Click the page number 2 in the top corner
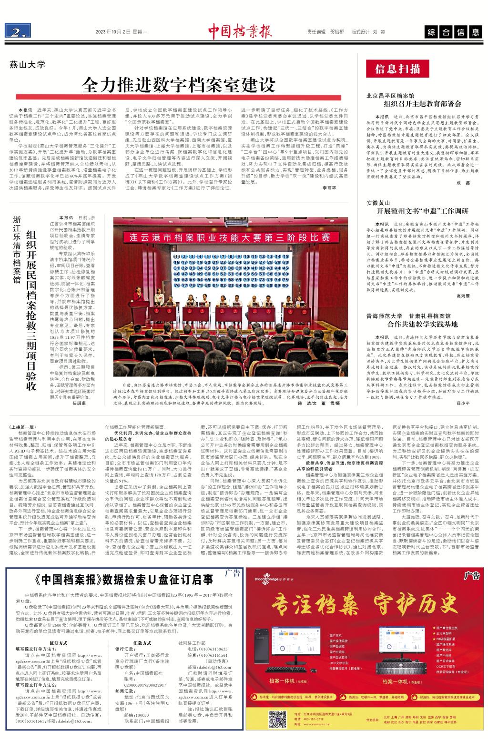coord(18,32)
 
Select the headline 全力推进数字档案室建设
coord(179,86)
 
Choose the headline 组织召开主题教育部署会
coord(419,103)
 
